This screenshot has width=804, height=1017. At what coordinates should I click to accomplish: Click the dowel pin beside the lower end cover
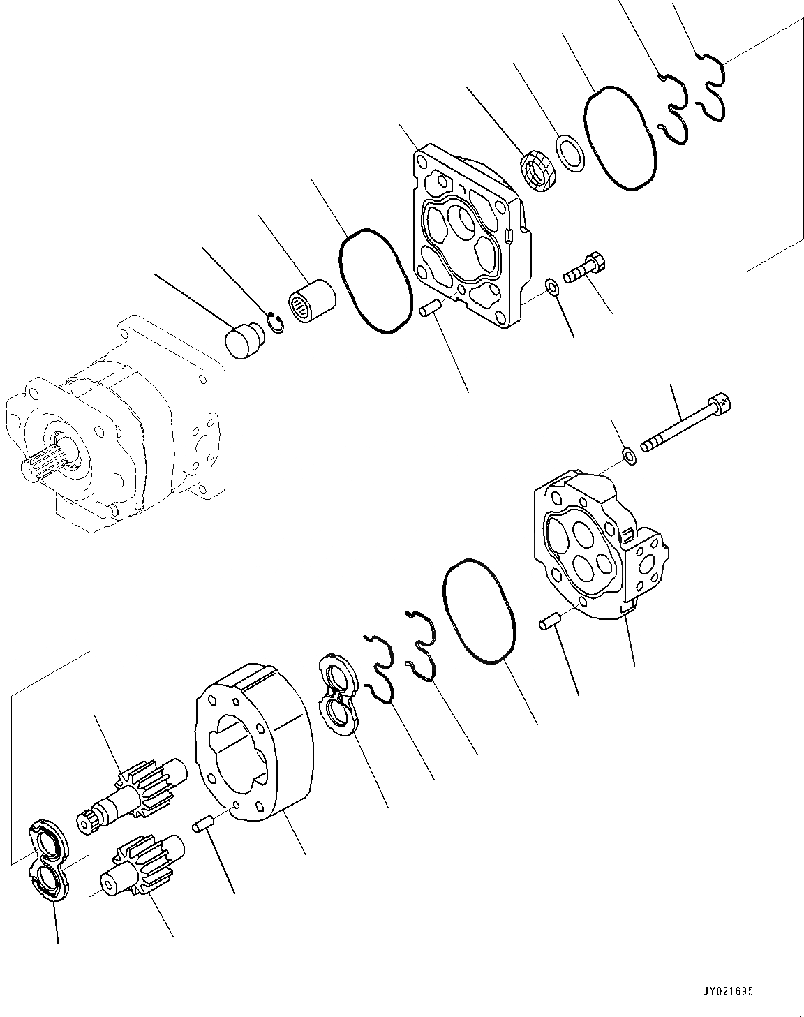548,621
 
